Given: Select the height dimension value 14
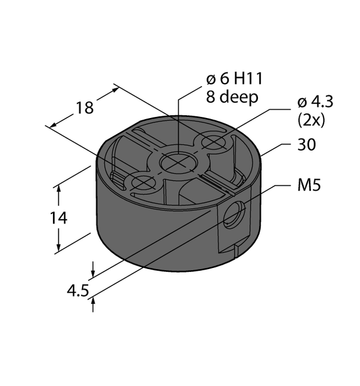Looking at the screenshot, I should tap(59, 217).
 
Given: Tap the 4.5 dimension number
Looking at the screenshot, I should tap(77, 291).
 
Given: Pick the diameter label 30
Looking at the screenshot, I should tap(307, 145).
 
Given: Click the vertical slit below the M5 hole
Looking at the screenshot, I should tap(235, 251).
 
